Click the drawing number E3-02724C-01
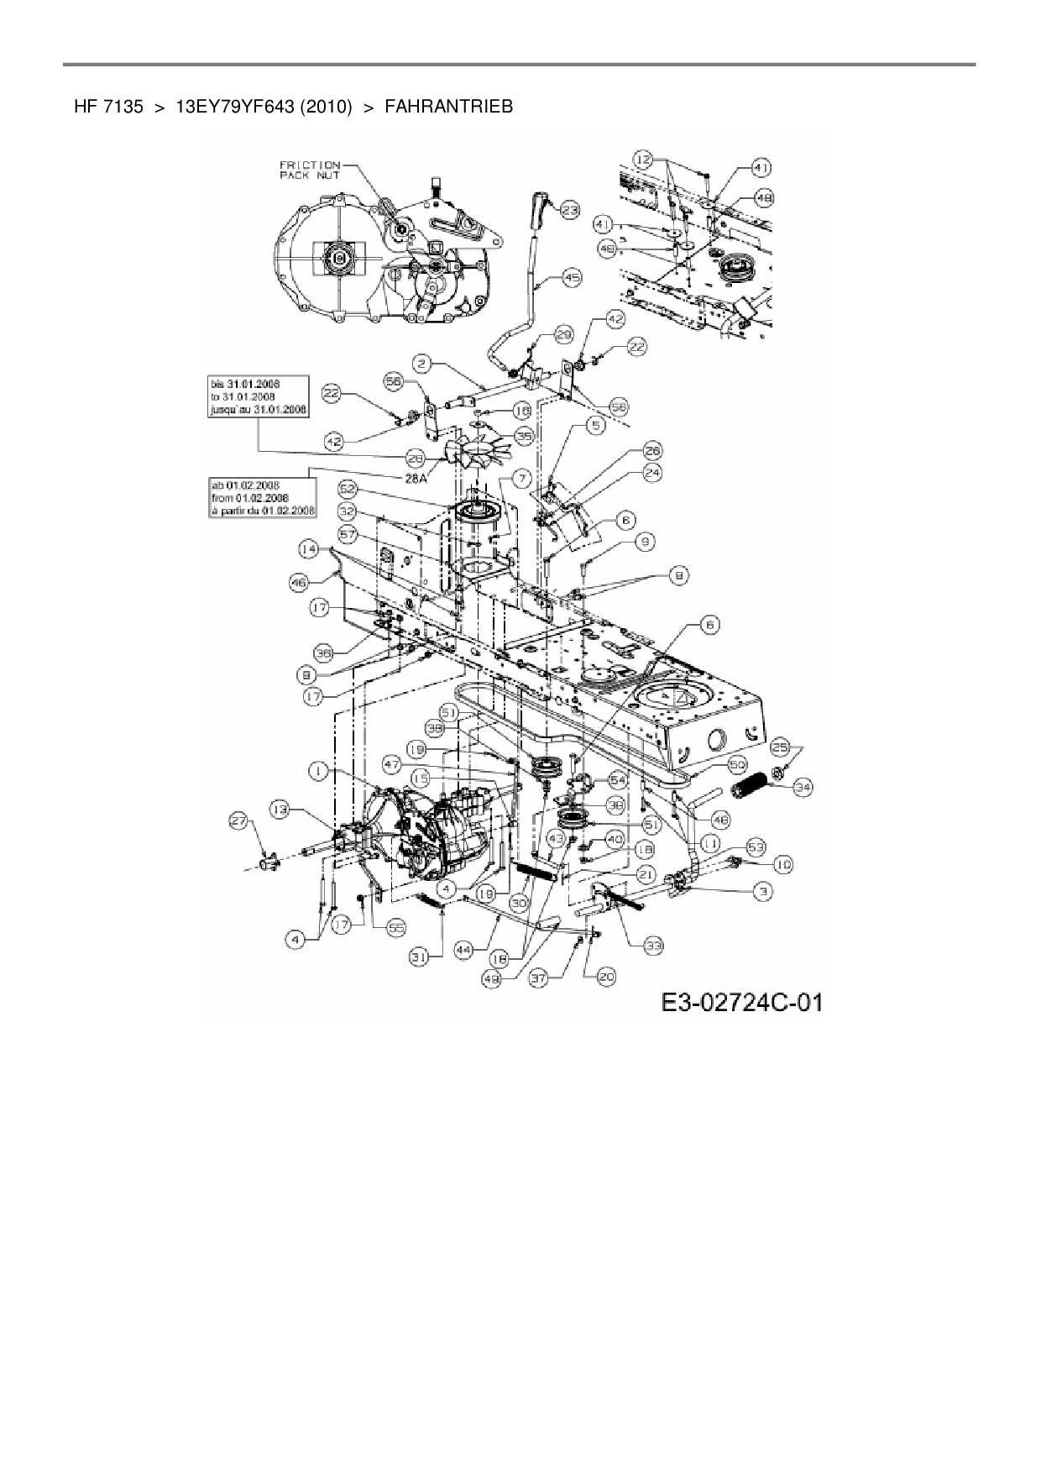pyautogui.click(x=740, y=1002)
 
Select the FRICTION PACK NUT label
pyautogui.click(x=310, y=170)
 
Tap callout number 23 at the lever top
pyautogui.click(x=570, y=211)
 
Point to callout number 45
pyautogui.click(x=571, y=276)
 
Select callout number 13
pyautogui.click(x=280, y=808)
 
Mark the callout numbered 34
pyautogui.click(x=803, y=787)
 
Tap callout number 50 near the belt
pyautogui.click(x=737, y=765)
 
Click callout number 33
pyautogui.click(x=653, y=946)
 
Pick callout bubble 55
pyautogui.click(x=394, y=926)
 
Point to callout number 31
pyautogui.click(x=419, y=954)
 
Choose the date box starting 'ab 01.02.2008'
pyautogui.click(x=263, y=497)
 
